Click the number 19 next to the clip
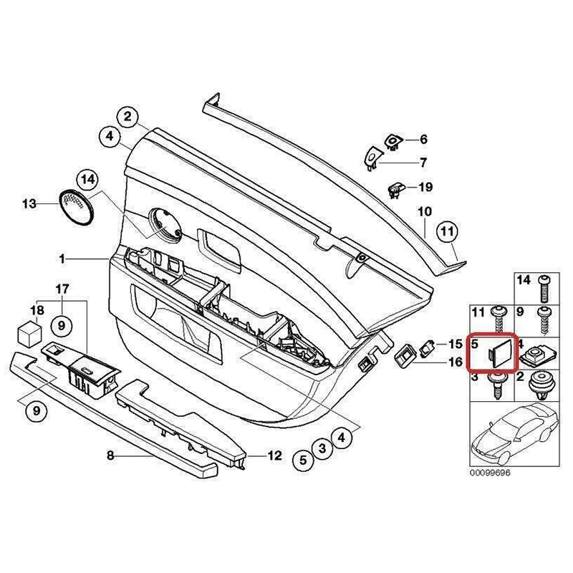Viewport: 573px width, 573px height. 425,188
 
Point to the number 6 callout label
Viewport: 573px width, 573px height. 423,139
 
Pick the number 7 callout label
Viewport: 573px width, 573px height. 423,162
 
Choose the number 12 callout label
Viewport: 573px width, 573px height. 275,455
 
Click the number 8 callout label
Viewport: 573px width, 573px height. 110,455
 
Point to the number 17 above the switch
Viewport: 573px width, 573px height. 62,289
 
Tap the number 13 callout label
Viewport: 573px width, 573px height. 29,204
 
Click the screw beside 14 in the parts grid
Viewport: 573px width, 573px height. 545,287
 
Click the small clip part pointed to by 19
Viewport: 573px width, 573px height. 396,189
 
